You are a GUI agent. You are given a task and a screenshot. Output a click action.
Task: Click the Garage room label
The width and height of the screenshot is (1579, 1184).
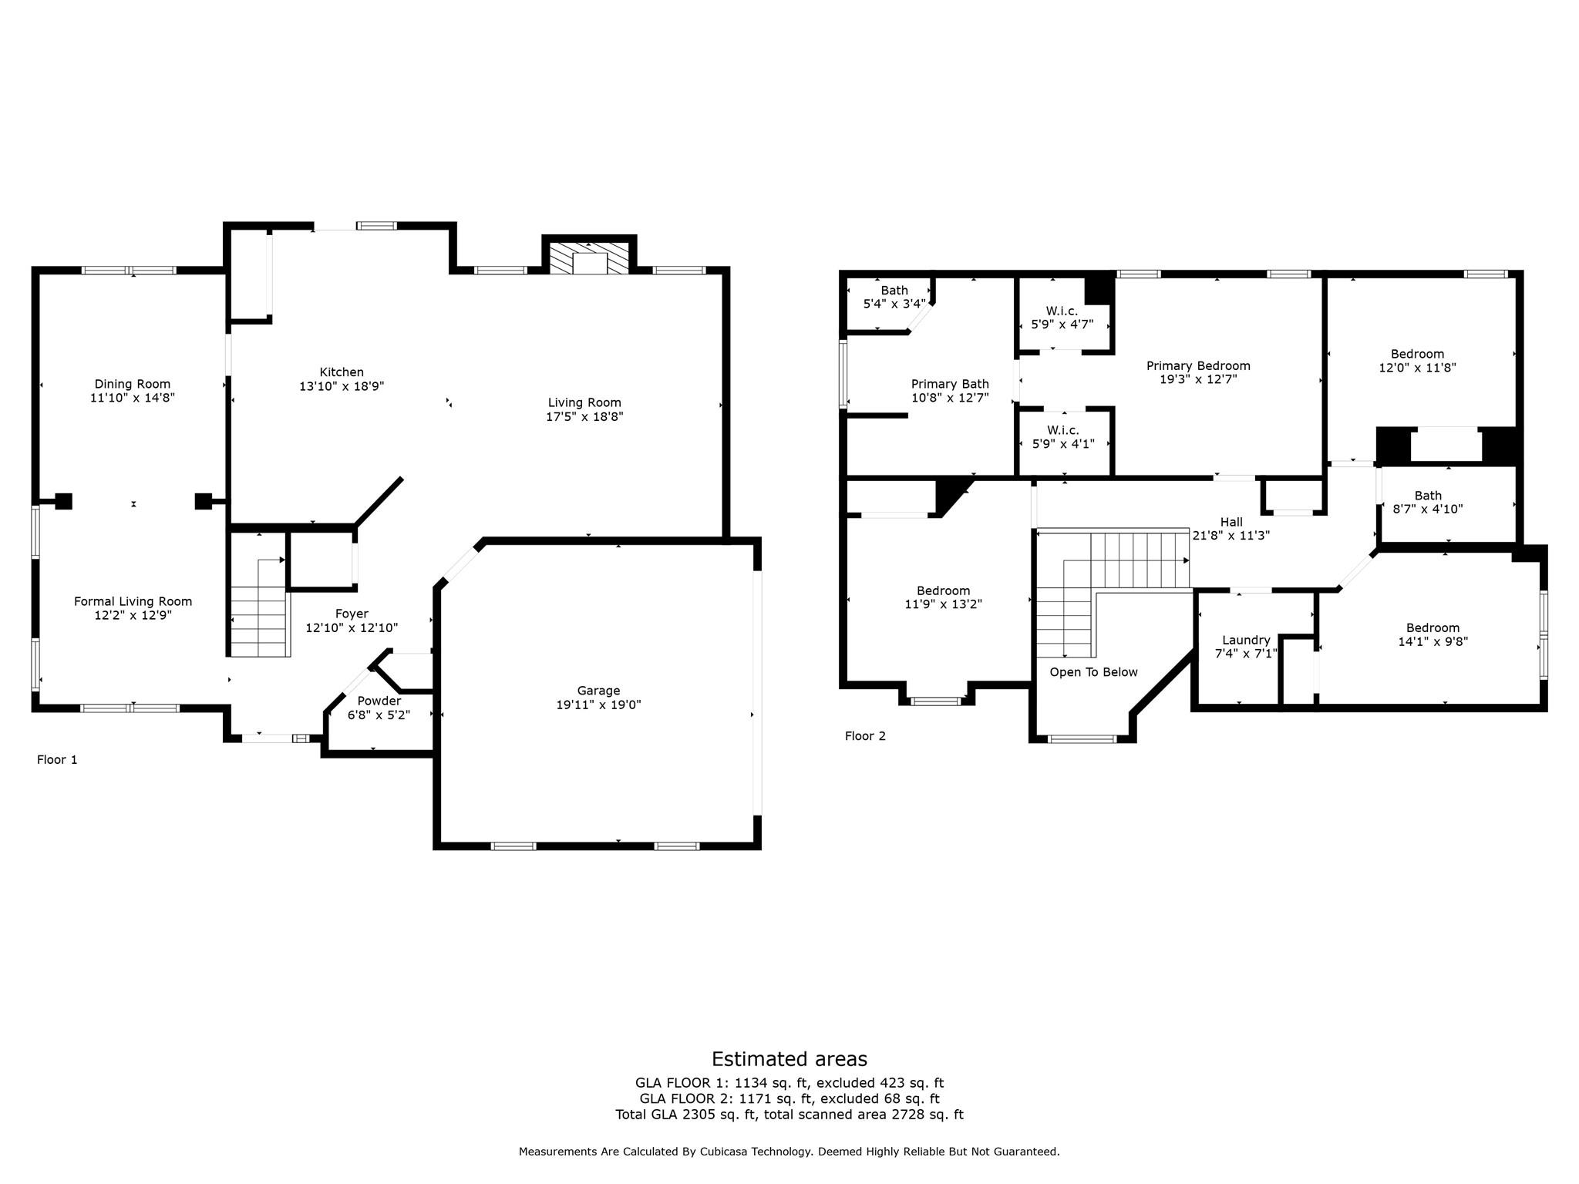click(x=598, y=691)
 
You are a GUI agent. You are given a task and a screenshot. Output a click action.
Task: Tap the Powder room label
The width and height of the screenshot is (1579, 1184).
click(x=379, y=701)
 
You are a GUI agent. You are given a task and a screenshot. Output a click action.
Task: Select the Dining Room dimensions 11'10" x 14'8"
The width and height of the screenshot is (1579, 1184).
click(x=133, y=398)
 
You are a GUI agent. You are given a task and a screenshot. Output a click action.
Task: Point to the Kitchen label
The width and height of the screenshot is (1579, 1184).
click(x=342, y=372)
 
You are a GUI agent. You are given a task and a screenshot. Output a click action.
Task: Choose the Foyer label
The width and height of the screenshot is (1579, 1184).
click(x=352, y=614)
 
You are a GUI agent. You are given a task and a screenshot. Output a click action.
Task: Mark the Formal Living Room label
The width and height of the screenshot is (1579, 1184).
click(x=133, y=601)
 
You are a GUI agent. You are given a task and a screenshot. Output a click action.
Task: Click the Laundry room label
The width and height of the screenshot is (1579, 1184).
click(x=1246, y=640)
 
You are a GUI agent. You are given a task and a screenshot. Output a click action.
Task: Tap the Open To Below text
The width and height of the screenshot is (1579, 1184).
click(x=1093, y=672)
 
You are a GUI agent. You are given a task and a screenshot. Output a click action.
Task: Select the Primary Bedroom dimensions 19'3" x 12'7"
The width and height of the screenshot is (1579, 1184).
click(x=1198, y=379)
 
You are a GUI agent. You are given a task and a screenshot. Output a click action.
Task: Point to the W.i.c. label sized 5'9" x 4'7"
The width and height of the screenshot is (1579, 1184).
click(x=1062, y=311)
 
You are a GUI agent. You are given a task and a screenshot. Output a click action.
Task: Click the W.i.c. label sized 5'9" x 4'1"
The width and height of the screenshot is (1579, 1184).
click(x=1063, y=430)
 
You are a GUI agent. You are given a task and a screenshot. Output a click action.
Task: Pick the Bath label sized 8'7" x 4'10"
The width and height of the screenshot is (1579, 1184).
click(x=1428, y=496)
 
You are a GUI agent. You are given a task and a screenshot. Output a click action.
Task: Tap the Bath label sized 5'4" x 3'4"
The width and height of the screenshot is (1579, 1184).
click(x=894, y=291)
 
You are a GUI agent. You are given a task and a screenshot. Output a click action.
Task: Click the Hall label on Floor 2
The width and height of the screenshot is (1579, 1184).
click(x=1231, y=522)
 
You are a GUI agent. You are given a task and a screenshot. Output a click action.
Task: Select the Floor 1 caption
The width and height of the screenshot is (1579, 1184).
click(x=57, y=760)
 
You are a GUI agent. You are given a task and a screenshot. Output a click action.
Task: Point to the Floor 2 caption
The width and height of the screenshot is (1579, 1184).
click(x=865, y=736)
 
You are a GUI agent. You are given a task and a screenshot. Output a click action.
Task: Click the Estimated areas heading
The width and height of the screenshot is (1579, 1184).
click(x=789, y=1059)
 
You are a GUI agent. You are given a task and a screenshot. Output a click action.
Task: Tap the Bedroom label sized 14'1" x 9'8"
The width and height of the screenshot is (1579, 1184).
click(x=1433, y=627)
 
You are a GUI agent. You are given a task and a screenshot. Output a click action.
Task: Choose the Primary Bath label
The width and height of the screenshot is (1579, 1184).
click(x=950, y=384)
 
